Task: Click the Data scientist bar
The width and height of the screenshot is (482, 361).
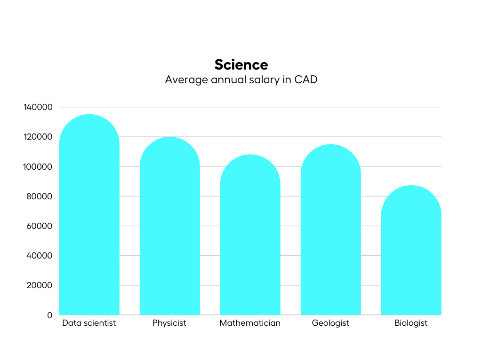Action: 89,216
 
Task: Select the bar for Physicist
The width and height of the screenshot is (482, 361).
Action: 170,228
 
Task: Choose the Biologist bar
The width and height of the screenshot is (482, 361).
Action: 411,251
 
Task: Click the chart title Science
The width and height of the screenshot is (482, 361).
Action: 241,64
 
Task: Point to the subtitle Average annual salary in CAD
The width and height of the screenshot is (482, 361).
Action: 241,79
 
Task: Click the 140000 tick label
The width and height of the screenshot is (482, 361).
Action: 38,107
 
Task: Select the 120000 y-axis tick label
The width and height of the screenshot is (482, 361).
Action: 38,137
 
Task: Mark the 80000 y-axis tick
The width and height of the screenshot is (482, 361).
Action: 40,196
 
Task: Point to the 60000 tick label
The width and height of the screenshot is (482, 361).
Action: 40,226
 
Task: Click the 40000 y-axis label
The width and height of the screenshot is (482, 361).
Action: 40,256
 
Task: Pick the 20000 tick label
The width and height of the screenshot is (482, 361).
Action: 40,285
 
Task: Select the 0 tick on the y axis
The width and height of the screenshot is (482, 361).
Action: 50,315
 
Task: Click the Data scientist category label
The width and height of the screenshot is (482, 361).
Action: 89,323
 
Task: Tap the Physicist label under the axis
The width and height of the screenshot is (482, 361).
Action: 169,323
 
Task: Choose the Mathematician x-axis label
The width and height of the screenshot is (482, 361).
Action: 250,323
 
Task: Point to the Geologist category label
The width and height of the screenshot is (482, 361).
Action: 330,323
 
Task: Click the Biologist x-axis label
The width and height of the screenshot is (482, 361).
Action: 411,323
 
